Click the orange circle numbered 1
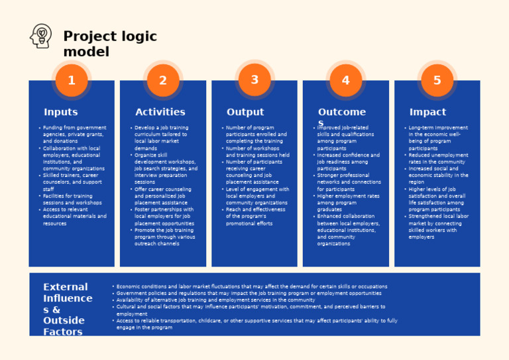pos(72,80)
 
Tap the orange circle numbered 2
pos(163,80)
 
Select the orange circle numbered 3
pos(254,80)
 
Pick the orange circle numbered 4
pos(345,80)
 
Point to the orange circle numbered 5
pos(437,80)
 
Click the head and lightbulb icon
pos(41,36)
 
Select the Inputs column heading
pos(60,112)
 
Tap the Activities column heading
pos(160,112)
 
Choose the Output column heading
pos(245,112)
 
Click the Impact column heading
pos(427,112)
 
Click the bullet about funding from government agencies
pos(73,134)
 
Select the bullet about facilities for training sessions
pos(72,199)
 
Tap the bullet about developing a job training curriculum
pos(163,137)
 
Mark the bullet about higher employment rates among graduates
pos(348,202)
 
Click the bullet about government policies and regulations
pos(249,293)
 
